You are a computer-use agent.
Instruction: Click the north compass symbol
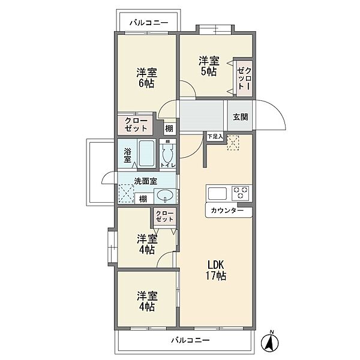pyautogui.click(x=270, y=341)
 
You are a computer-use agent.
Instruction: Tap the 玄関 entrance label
pyautogui.click(x=241, y=117)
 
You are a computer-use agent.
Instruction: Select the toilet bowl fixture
pyautogui.click(x=167, y=153)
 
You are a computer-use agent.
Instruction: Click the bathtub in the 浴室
pyautogui.click(x=146, y=153)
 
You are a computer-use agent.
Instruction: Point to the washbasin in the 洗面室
pyautogui.click(x=165, y=196)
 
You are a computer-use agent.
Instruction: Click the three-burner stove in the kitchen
pyautogui.click(x=241, y=192)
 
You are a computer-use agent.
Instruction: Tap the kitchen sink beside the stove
pyautogui.click(x=217, y=193)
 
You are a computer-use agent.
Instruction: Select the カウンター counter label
pyautogui.click(x=227, y=211)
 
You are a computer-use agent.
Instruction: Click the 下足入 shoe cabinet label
pyautogui.click(x=215, y=137)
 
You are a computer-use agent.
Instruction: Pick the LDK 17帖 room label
pyautogui.click(x=216, y=270)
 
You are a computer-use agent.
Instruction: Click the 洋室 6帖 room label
pyautogui.click(x=147, y=78)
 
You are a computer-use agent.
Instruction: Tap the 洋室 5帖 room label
pyautogui.click(x=209, y=66)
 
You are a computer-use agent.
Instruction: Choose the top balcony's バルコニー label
pyautogui.click(x=149, y=23)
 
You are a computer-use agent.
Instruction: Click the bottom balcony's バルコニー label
pyautogui.click(x=190, y=340)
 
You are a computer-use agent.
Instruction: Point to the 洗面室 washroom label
pyautogui.click(x=146, y=181)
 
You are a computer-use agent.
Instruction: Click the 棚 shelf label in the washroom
pyautogui.click(x=143, y=199)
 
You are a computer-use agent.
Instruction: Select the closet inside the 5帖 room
pyautogui.click(x=245, y=78)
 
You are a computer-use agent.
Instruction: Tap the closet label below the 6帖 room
pyautogui.click(x=136, y=125)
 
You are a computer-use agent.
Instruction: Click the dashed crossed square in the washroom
pyautogui.click(x=126, y=193)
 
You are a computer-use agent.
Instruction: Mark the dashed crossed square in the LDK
pyautogui.click(x=233, y=143)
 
